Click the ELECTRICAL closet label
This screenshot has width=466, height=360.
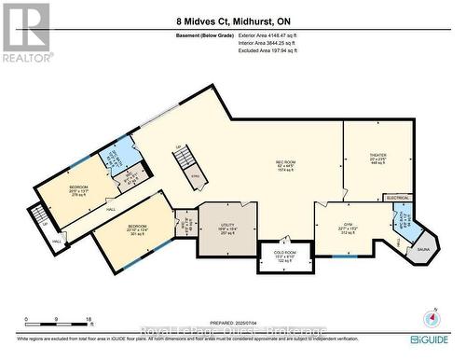click(x=399, y=198)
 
